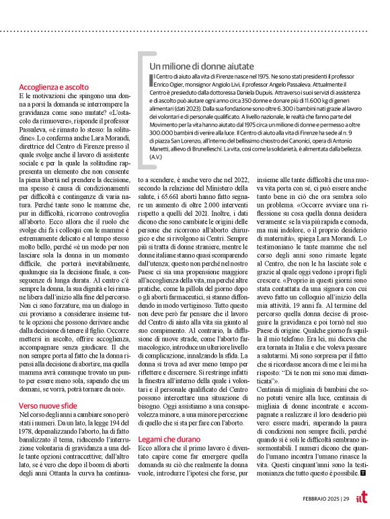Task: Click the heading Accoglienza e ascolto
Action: coord(53,87)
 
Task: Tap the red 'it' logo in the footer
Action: coord(364,497)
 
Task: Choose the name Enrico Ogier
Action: coord(168,86)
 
